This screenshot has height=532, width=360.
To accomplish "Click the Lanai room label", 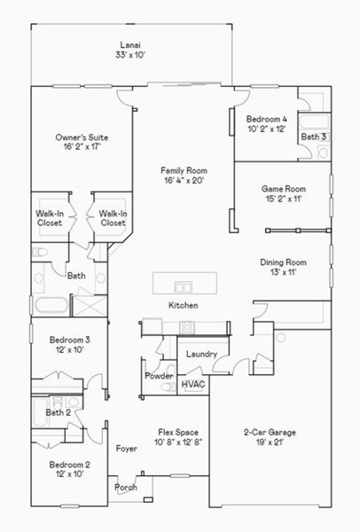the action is pyautogui.click(x=130, y=45).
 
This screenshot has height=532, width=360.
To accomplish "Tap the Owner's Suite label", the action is pyautogui.click(x=82, y=137).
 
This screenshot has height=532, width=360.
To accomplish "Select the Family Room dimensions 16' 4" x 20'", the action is pyautogui.click(x=184, y=181).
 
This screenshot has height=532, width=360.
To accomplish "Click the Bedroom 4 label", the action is pyautogui.click(x=266, y=119).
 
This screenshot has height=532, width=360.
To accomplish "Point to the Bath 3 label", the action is pyautogui.click(x=314, y=137).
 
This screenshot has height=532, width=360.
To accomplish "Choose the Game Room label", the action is pyautogui.click(x=284, y=189).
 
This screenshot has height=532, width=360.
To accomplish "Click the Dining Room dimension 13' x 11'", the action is pyautogui.click(x=284, y=272).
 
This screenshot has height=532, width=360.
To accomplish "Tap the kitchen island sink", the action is pyautogui.click(x=184, y=286).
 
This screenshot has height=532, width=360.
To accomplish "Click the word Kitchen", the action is pyautogui.click(x=184, y=305).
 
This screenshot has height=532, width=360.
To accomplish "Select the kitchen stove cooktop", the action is pyautogui.click(x=187, y=327).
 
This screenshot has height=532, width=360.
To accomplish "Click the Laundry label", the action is pyautogui.click(x=201, y=354).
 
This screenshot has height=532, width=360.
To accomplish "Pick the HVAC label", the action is pyautogui.click(x=193, y=384).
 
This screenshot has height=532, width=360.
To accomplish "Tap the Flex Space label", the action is pyautogui.click(x=178, y=433).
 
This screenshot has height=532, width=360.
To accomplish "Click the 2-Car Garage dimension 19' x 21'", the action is pyautogui.click(x=270, y=442).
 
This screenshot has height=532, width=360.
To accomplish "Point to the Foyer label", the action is pyautogui.click(x=127, y=449).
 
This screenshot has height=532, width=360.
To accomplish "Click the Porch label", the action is pyautogui.click(x=126, y=487).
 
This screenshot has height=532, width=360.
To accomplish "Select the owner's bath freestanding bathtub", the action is pyautogui.click(x=51, y=305).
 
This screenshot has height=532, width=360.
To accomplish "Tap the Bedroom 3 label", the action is pyautogui.click(x=69, y=340).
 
